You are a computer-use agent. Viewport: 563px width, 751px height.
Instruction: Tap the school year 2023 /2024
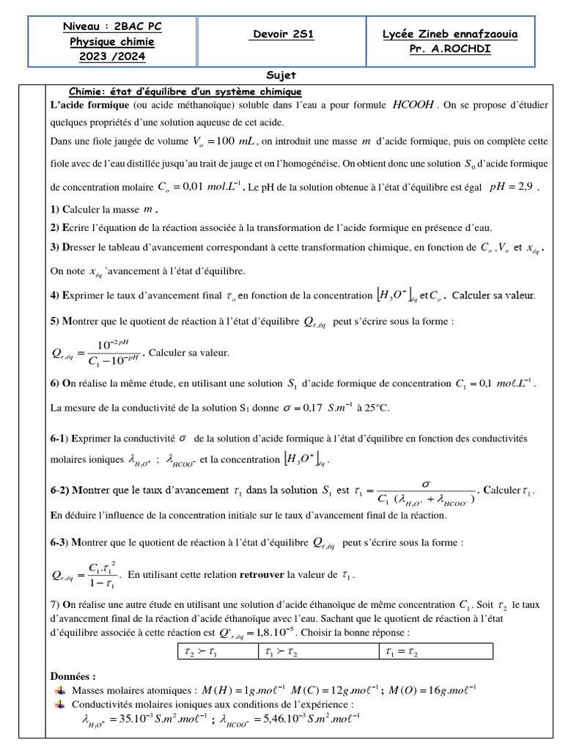point(112,56)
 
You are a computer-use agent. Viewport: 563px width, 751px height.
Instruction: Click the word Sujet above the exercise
point(281,76)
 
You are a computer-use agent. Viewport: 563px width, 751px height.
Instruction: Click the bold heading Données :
point(73,675)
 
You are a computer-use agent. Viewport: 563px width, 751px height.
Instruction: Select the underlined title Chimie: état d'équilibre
point(185,92)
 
